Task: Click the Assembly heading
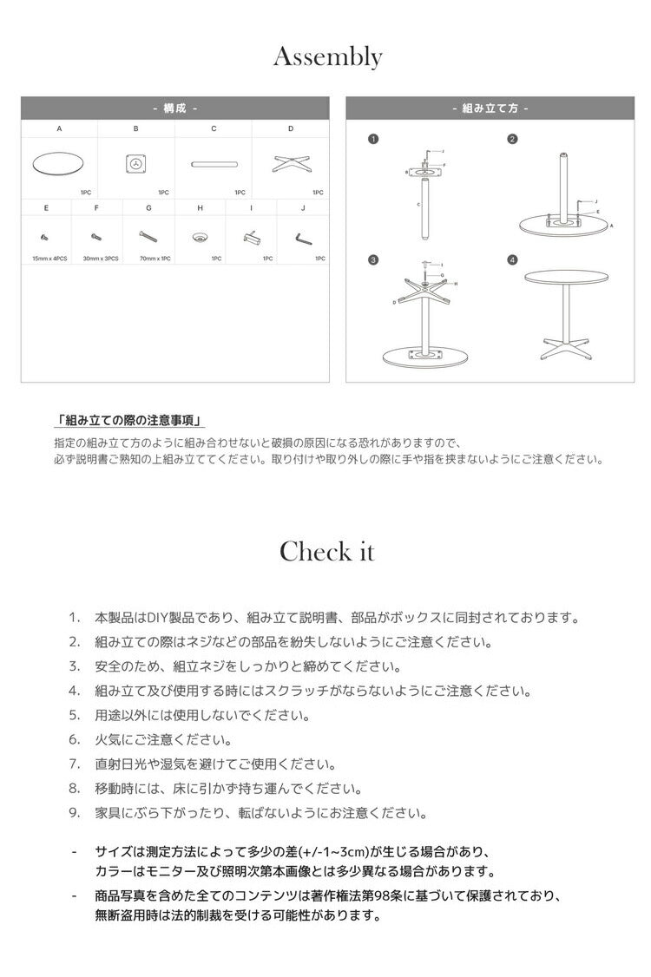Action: pos(327,57)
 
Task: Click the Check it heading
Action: pos(326,551)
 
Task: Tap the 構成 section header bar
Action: pos(175,108)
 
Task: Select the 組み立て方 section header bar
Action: pos(490,108)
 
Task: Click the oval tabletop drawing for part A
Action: pos(59,164)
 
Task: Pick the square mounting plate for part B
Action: pos(135,163)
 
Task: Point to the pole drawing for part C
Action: pos(214,163)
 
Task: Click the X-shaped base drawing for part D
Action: pos(291,163)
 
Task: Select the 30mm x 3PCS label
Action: pos(101,259)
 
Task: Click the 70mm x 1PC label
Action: pos(154,259)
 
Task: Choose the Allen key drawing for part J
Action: pos(302,236)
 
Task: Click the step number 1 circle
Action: pos(372,139)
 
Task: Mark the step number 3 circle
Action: pos(372,259)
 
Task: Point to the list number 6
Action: pos(75,740)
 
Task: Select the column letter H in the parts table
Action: pos(200,208)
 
